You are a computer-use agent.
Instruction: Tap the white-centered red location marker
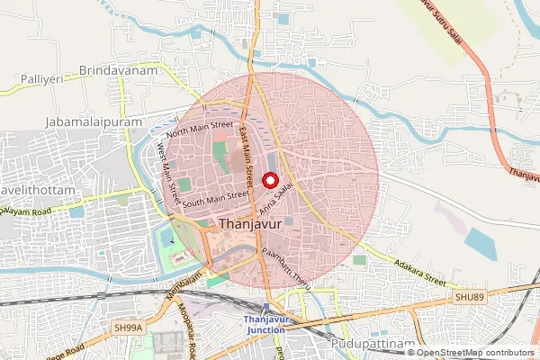[268, 179]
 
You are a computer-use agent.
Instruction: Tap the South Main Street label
[215, 199]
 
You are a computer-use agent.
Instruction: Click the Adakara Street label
[421, 270]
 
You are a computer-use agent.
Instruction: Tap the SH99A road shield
[128, 330]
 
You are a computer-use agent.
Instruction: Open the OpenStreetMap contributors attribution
[475, 353]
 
